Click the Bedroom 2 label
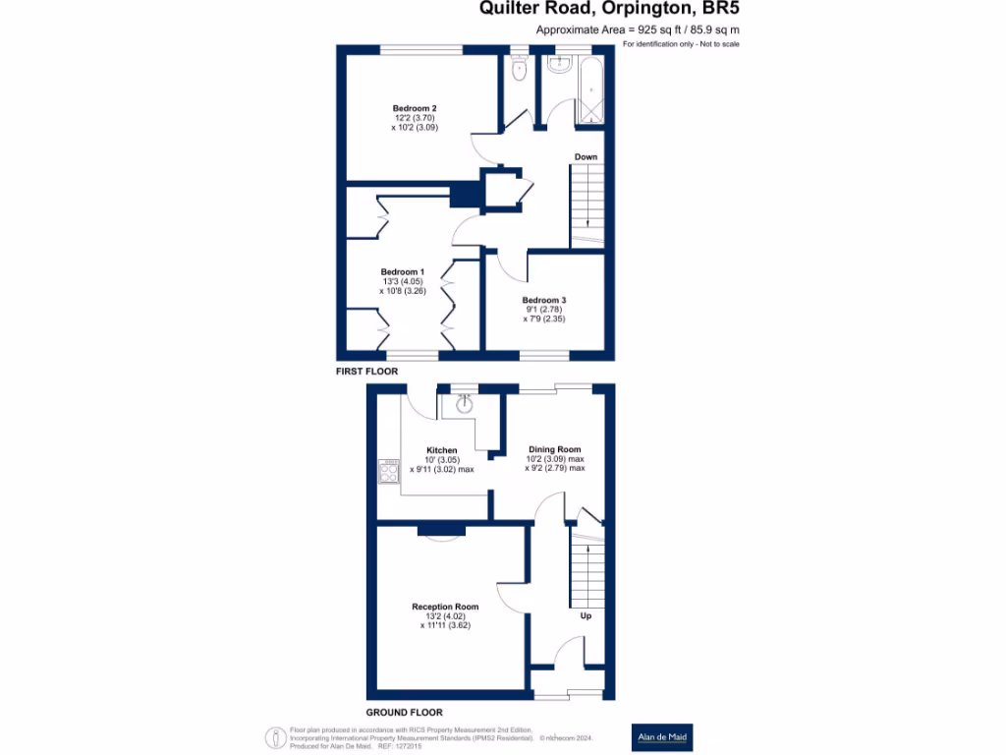pyautogui.click(x=415, y=108)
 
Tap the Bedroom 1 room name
pyautogui.click(x=403, y=272)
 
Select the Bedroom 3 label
pyautogui.click(x=544, y=300)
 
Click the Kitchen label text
pyautogui.click(x=441, y=450)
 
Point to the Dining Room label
pyautogui.click(x=554, y=450)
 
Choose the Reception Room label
pyautogui.click(x=445, y=607)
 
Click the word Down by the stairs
pyautogui.click(x=586, y=157)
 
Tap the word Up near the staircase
pyautogui.click(x=586, y=616)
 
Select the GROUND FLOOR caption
pyautogui.click(x=404, y=712)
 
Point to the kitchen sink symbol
pyautogui.click(x=464, y=403)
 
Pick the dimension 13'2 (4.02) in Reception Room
pyautogui.click(x=445, y=616)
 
